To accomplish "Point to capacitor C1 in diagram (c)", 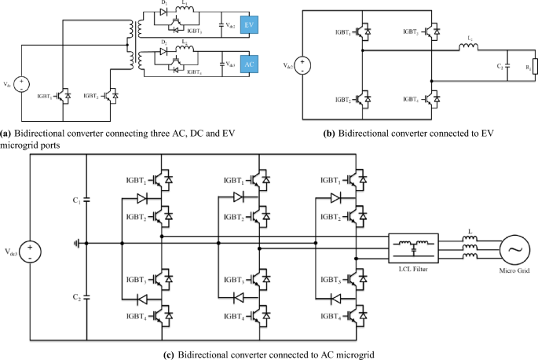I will tap(86, 201).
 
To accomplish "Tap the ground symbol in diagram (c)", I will tap(75, 244).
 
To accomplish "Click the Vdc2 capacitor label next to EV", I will tap(230, 27).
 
